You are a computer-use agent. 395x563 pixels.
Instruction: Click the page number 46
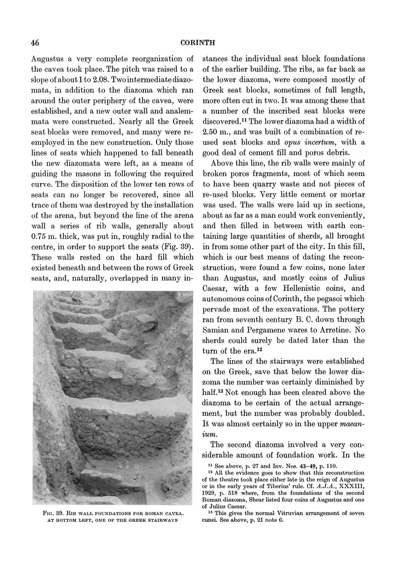point(34,42)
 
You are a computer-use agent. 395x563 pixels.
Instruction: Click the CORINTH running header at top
point(197,42)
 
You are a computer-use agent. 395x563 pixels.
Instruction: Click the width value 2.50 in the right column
point(213,131)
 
